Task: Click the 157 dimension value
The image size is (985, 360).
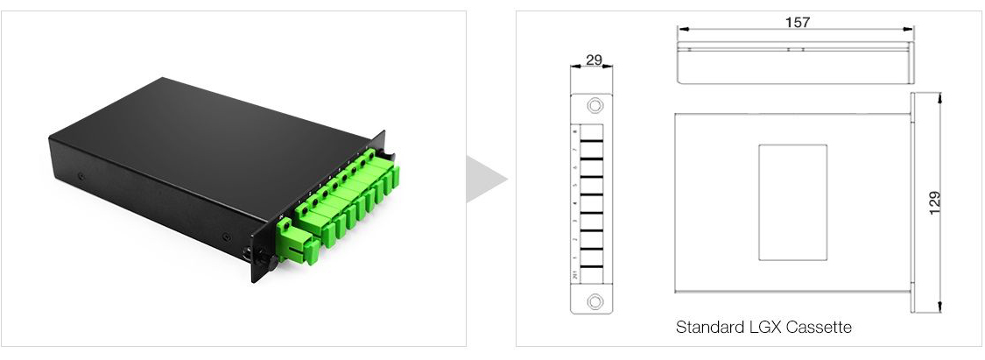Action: point(796,23)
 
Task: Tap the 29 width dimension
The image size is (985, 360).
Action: point(593,60)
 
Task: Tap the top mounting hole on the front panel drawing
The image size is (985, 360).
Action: point(595,106)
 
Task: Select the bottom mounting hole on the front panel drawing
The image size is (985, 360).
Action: point(595,301)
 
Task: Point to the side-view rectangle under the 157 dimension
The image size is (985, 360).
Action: point(796,63)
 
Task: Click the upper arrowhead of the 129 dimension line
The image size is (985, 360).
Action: point(940,98)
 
